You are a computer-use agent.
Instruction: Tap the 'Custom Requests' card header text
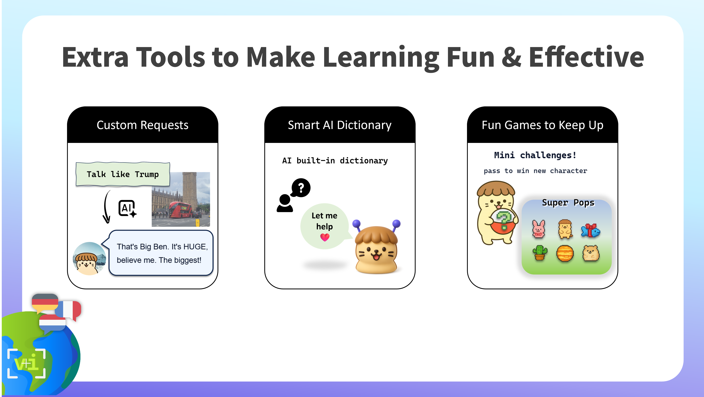tap(142, 125)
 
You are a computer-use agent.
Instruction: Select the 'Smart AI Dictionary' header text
tap(340, 125)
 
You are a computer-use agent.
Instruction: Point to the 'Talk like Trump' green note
tap(123, 174)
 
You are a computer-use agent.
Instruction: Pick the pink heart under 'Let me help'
tap(325, 237)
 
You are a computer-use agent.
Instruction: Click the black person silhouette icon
tap(285, 203)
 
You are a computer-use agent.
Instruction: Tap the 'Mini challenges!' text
tap(535, 155)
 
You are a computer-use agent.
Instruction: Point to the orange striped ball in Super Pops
tap(565, 253)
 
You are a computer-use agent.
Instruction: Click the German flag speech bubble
tap(45, 303)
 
